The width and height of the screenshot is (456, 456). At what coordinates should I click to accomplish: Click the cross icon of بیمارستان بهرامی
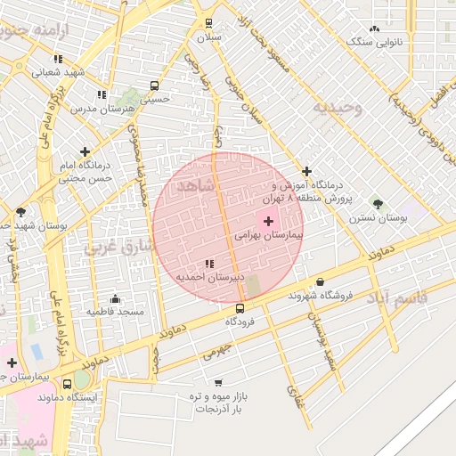click(268, 220)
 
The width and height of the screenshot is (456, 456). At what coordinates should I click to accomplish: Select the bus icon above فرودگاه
click(240, 308)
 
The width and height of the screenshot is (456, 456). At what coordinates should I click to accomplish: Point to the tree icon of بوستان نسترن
click(378, 203)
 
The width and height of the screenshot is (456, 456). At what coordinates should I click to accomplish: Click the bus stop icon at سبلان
click(209, 23)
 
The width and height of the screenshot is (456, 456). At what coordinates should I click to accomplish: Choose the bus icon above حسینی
click(155, 87)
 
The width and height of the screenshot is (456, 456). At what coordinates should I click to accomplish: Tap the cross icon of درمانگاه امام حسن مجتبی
click(85, 152)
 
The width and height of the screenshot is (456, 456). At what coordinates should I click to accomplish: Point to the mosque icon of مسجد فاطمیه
click(115, 298)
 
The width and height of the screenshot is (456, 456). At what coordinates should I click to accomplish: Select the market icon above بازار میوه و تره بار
click(218, 382)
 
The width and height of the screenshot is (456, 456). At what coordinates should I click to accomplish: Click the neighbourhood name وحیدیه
click(337, 108)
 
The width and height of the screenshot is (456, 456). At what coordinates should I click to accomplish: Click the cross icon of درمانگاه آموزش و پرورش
click(307, 171)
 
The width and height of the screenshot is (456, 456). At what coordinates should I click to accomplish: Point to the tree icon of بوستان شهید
click(20, 211)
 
